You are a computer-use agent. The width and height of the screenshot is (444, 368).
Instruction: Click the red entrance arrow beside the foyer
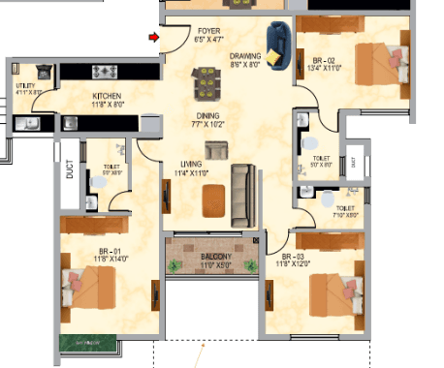[x=153, y=38]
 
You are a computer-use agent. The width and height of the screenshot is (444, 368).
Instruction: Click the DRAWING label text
[x=245, y=56]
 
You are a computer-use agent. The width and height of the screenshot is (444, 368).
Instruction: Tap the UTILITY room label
[x=25, y=86]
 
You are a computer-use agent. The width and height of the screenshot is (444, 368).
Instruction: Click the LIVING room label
[x=190, y=164]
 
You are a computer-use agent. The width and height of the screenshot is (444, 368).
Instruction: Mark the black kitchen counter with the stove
[x=118, y=72]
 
